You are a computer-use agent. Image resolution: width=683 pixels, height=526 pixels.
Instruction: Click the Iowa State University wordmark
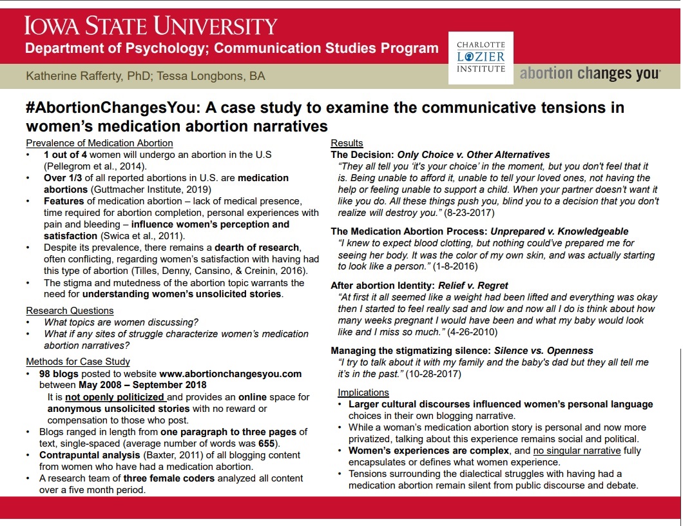coord(151,26)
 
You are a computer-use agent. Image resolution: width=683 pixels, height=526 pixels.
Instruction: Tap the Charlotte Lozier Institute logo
coord(481,57)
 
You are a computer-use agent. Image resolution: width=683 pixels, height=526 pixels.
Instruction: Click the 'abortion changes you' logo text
coord(590,73)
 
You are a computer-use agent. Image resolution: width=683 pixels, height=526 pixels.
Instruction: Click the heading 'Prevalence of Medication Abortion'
coord(99,143)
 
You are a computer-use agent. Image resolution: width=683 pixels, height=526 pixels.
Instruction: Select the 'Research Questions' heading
coord(70,311)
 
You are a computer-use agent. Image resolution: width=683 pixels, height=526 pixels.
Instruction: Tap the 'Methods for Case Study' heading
coord(78,362)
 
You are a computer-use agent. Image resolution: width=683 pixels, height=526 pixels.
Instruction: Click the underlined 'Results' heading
coord(347,143)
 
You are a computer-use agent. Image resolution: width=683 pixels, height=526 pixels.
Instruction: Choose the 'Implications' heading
coord(363,393)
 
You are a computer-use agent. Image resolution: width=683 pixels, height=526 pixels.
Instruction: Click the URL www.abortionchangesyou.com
coord(231,373)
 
